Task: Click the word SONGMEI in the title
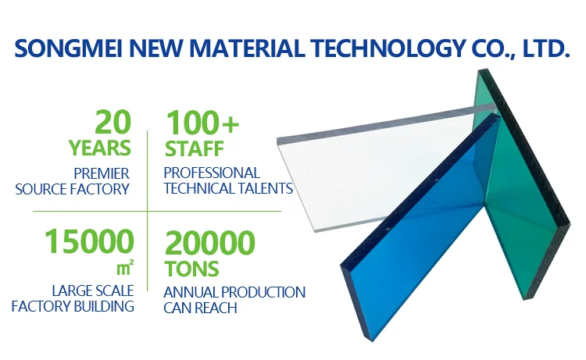tap(69, 48)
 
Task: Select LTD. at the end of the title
tap(545, 48)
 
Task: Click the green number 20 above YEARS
tap(113, 122)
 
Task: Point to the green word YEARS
tap(100, 148)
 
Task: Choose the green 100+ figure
tap(202, 122)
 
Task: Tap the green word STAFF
tap(195, 148)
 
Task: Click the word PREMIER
tap(102, 173)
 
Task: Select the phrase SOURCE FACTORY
tap(72, 189)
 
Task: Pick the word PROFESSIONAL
tap(212, 173)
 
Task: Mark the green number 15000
tap(89, 241)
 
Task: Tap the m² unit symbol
tap(125, 267)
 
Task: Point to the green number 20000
tap(210, 243)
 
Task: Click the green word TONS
tap(191, 269)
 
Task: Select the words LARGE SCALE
tap(93, 290)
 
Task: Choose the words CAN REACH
tap(200, 308)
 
